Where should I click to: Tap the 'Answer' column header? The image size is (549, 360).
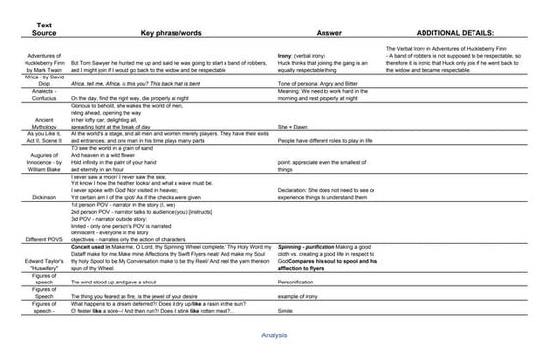(328, 31)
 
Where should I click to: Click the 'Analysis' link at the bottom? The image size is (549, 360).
(274, 334)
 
